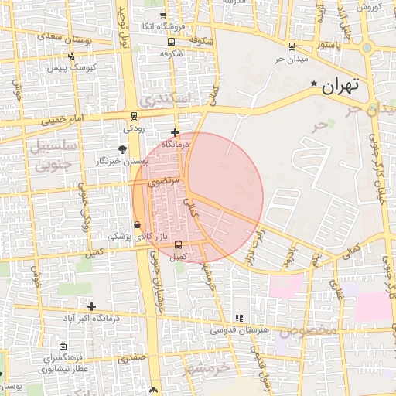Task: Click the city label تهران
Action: (340, 85)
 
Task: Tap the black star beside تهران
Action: (313, 84)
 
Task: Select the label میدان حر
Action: (292, 59)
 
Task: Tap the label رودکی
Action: (133, 128)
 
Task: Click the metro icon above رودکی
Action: (135, 116)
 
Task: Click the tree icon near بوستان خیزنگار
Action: (123, 148)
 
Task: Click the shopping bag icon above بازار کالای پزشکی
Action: (138, 225)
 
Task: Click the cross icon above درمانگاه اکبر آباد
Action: (91, 307)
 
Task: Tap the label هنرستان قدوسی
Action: (244, 329)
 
